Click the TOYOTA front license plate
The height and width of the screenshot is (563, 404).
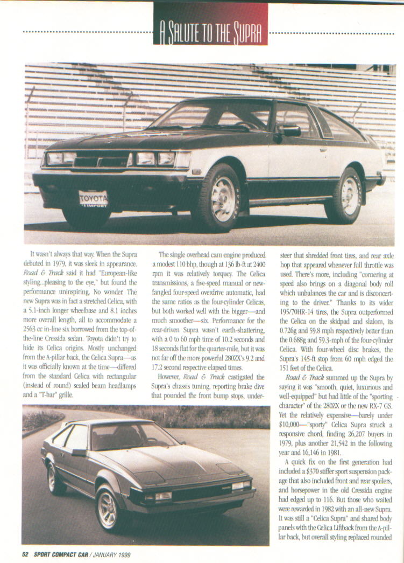(94, 199)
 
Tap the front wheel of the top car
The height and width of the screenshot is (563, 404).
(215, 198)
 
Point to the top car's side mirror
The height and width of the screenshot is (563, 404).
(290, 130)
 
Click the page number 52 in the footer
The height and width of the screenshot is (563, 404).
(25, 554)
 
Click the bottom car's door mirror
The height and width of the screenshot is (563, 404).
(79, 453)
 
